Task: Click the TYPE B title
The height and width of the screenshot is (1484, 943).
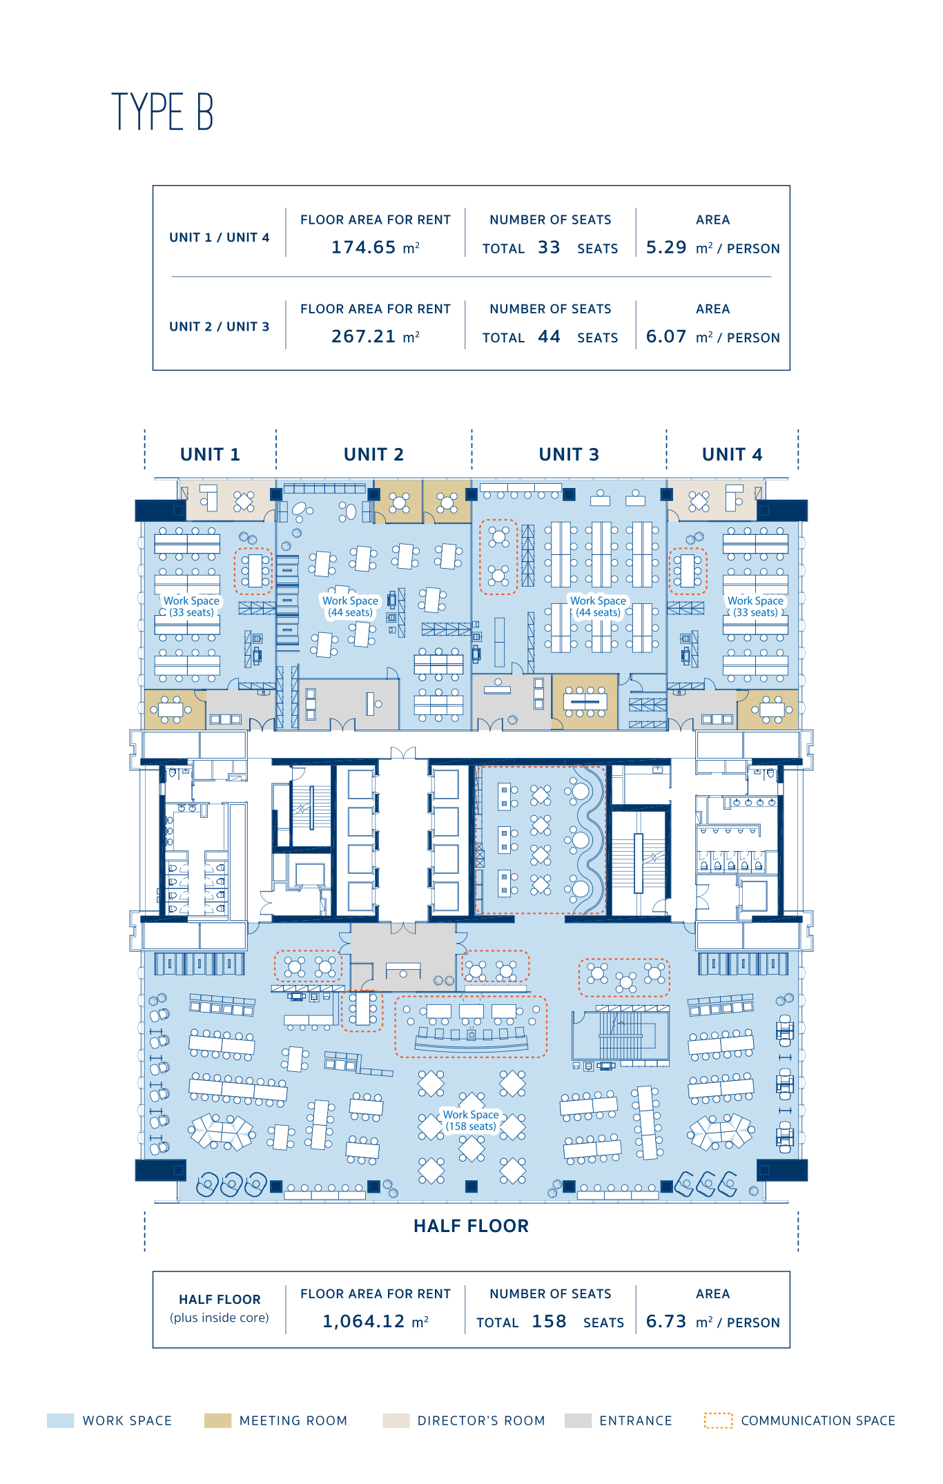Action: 162,111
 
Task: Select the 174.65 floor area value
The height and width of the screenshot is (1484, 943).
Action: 363,247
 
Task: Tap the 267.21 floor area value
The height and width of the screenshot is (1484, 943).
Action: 363,336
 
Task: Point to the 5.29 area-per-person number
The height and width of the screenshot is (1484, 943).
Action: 666,247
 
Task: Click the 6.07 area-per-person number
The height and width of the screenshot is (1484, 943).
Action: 666,336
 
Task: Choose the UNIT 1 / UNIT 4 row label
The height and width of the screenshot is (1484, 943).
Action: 220,237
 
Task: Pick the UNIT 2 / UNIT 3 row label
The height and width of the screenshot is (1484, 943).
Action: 220,326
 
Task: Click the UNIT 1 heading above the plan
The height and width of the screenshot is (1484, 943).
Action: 210,454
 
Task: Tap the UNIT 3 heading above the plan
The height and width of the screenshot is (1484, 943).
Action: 569,454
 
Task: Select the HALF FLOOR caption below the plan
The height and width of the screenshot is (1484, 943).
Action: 471,1226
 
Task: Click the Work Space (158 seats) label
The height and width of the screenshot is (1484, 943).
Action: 471,1120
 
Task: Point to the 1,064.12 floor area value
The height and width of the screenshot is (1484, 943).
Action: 363,1321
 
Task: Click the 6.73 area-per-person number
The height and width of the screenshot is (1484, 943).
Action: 666,1321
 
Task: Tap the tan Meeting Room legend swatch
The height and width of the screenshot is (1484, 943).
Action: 217,1420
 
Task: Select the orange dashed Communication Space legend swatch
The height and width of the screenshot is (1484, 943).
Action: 718,1420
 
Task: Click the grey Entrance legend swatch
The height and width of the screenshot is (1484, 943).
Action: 578,1420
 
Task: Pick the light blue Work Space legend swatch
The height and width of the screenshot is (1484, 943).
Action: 60,1420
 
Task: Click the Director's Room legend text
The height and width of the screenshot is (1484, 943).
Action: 481,1420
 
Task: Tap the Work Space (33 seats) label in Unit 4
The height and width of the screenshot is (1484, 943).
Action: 755,606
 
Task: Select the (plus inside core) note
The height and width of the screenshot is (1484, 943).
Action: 220,1318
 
